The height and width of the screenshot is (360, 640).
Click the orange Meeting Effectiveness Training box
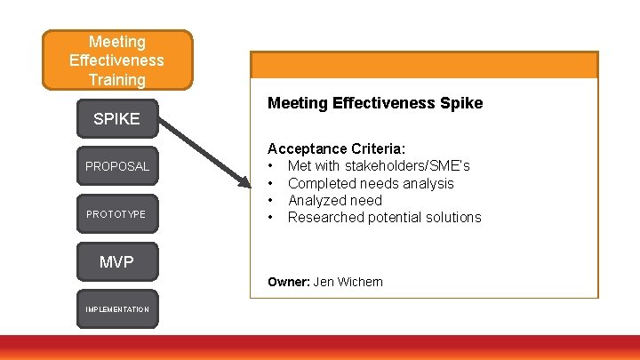pyautogui.click(x=117, y=60)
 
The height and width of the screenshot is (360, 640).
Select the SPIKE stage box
pyautogui.click(x=117, y=118)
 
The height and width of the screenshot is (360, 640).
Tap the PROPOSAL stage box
pyautogui.click(x=117, y=166)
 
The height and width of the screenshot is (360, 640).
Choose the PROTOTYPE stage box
pyautogui.click(x=117, y=214)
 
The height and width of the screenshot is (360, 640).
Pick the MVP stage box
pyautogui.click(x=117, y=262)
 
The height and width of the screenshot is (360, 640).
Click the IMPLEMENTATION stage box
pyautogui.click(x=117, y=308)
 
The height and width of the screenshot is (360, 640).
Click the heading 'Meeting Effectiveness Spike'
pyautogui.click(x=374, y=103)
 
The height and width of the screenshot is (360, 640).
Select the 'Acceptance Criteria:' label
pyautogui.click(x=337, y=148)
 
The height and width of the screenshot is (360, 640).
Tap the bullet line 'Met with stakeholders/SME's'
pyautogui.click(x=379, y=166)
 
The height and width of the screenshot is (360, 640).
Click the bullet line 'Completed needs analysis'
pyautogui.click(x=371, y=183)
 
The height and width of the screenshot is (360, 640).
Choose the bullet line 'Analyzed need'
pyautogui.click(x=334, y=200)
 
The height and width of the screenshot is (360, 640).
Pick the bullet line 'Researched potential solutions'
pyautogui.click(x=384, y=217)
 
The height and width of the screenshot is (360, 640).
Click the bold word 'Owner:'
pyautogui.click(x=288, y=282)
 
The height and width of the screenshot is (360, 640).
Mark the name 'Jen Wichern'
pyautogui.click(x=348, y=282)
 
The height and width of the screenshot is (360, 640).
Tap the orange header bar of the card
pyautogui.click(x=424, y=65)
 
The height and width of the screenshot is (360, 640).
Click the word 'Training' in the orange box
pyautogui.click(x=117, y=80)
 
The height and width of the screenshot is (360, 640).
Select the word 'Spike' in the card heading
pyautogui.click(x=461, y=103)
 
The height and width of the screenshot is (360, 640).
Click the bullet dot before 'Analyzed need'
pyautogui.click(x=269, y=200)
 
